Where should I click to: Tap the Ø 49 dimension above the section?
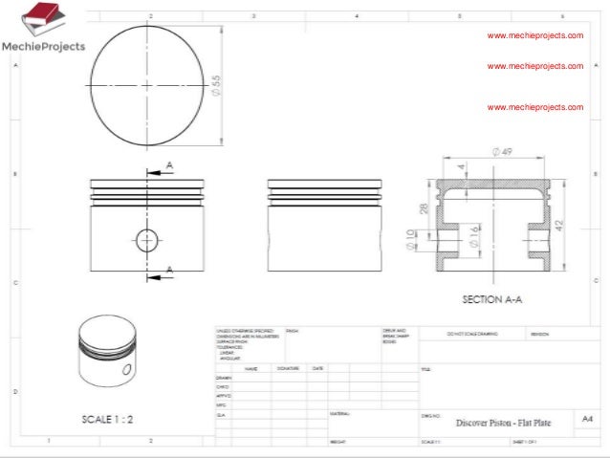click(x=502, y=151)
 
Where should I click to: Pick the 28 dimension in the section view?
click(x=424, y=209)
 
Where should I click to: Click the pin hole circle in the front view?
click(x=146, y=239)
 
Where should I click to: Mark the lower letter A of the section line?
click(x=169, y=269)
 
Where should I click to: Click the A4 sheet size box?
click(x=585, y=418)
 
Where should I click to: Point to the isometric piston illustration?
click(x=104, y=349)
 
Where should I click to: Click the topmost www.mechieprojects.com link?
click(x=534, y=35)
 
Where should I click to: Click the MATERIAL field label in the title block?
click(x=339, y=413)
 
